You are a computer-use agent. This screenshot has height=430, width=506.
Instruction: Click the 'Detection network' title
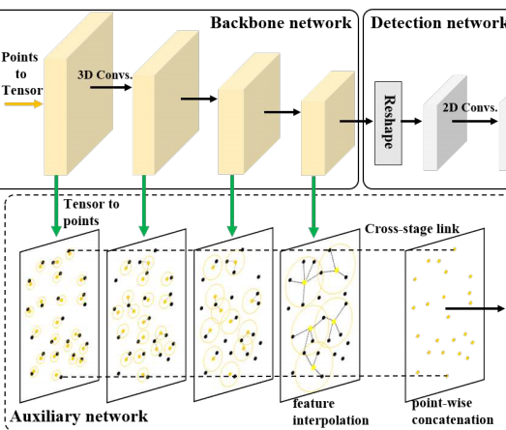[x=437, y=20]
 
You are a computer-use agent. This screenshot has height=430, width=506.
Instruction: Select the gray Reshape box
[x=387, y=122]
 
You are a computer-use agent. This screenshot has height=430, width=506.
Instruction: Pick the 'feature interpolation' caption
[x=331, y=413]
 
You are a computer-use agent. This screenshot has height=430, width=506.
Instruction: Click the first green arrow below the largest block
[x=58, y=206]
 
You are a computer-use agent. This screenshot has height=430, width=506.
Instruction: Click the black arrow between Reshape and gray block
[x=412, y=123]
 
